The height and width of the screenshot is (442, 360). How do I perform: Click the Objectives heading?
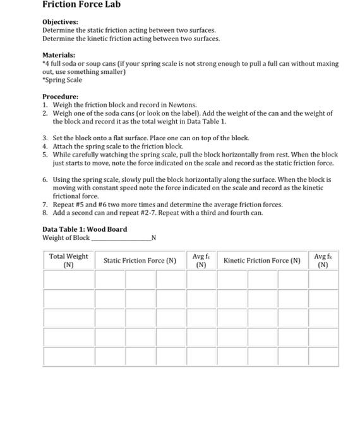pos(60,21)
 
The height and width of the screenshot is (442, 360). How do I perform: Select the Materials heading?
pos(59,55)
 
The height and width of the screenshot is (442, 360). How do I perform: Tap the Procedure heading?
pos(60,97)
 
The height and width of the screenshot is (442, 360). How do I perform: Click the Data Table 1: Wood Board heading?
pos(84,229)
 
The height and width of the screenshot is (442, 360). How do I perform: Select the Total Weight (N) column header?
pos(68,260)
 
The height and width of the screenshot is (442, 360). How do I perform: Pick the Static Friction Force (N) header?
pos(140,260)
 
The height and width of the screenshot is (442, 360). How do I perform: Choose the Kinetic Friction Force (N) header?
pos(260,260)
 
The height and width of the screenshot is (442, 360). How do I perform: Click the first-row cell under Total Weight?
pos(68,278)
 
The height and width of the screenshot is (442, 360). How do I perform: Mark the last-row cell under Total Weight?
pos(68,356)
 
